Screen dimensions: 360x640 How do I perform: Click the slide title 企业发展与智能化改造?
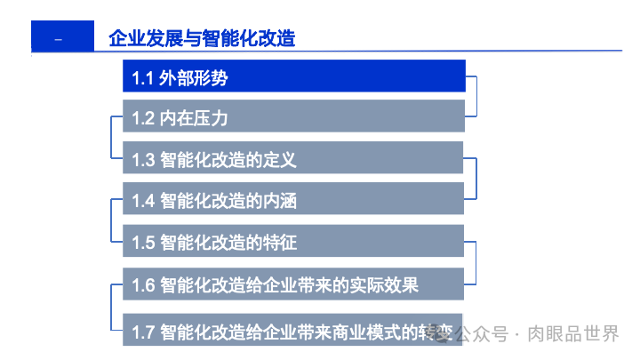[201, 38]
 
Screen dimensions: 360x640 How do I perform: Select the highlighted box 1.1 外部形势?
[293, 76]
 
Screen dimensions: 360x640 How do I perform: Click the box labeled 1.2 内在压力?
[293, 116]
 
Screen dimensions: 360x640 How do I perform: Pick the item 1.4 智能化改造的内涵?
[293, 200]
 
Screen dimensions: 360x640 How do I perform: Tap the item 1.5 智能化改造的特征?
[293, 242]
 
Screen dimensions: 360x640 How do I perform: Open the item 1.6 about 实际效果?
[293, 284]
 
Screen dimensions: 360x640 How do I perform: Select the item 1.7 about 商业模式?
[293, 332]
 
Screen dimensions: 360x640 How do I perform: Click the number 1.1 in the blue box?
[143, 78]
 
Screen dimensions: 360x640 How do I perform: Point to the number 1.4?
[143, 201]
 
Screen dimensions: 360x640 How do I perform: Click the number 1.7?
[143, 333]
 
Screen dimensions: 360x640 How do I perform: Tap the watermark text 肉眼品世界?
[586, 334]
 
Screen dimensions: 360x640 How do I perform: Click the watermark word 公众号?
[484, 334]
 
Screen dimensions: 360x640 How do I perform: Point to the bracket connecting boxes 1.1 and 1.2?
[476, 96]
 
